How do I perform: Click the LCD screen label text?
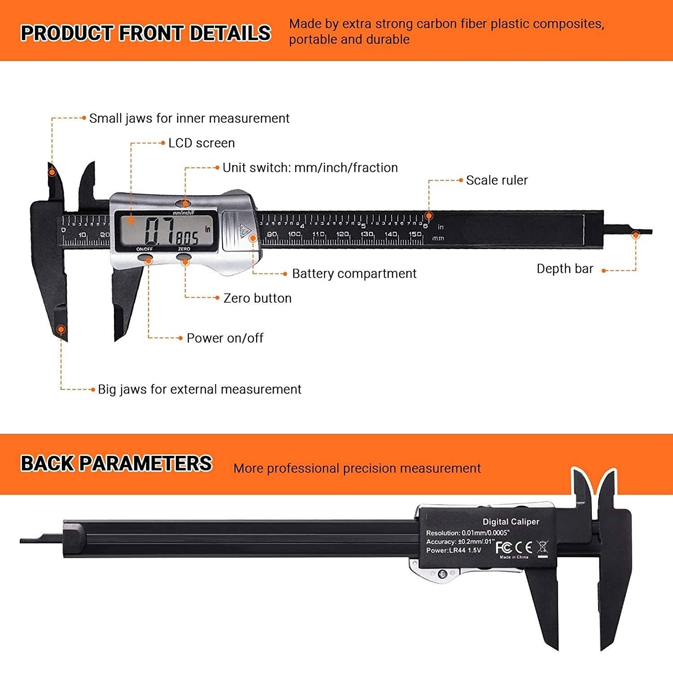pyautogui.click(x=201, y=143)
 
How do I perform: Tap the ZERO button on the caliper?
pyautogui.click(x=184, y=258)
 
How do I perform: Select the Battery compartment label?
pyautogui.click(x=354, y=274)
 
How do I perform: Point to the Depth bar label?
pyautogui.click(x=565, y=269)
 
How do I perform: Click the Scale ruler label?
pyautogui.click(x=497, y=180)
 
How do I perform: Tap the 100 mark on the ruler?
pyautogui.click(x=294, y=234)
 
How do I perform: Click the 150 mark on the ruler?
pyautogui.click(x=415, y=234)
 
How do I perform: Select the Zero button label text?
pyautogui.click(x=257, y=298)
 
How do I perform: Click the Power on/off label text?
pyautogui.click(x=225, y=338)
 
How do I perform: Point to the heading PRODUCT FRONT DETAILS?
pyautogui.click(x=146, y=33)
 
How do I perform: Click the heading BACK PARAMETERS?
pyautogui.click(x=116, y=463)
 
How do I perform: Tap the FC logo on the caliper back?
pyautogui.click(x=503, y=547)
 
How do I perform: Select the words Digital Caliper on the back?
pyautogui.click(x=511, y=522)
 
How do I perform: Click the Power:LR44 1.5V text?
pyautogui.click(x=453, y=551)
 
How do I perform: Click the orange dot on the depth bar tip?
pyautogui.click(x=635, y=235)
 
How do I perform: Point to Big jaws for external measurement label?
pyautogui.click(x=199, y=389)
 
